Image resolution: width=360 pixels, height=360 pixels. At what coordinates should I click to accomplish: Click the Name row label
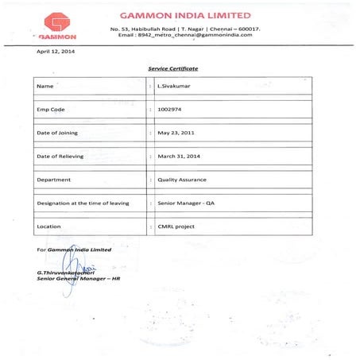[x=45, y=85]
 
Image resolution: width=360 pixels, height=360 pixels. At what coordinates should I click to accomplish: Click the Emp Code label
[x=52, y=109]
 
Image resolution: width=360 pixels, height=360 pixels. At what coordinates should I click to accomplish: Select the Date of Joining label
[x=58, y=133]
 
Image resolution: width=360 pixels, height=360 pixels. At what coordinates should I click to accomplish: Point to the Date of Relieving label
[x=60, y=156]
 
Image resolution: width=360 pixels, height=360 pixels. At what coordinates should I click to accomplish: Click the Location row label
[x=50, y=226]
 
